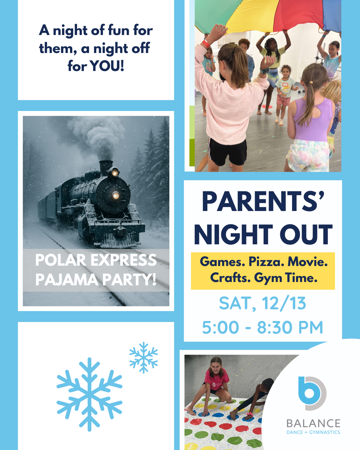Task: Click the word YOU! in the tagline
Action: [108, 66]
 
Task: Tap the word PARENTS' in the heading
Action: [263, 202]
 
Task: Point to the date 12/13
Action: [284, 303]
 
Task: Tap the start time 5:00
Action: [220, 327]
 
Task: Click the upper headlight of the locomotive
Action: [115, 173]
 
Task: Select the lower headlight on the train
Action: [115, 195]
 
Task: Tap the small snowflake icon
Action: [143, 358]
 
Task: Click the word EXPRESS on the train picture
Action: [124, 260]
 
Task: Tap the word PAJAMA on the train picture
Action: [67, 279]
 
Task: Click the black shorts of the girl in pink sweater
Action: [228, 151]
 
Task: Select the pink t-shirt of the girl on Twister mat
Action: [216, 380]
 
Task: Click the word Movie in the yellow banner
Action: [307, 262]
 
